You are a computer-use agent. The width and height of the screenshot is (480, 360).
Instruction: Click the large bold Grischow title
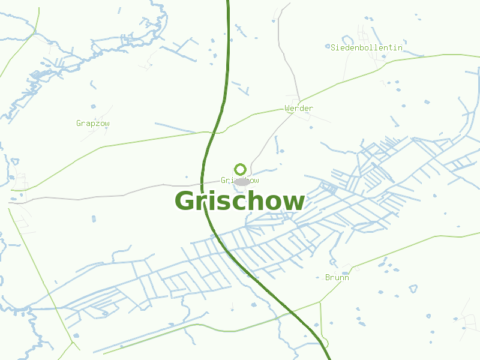tap(239, 201)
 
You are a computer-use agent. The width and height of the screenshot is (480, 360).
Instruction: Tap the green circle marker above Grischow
tap(241, 169)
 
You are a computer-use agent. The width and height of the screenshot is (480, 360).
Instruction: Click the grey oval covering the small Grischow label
tap(242, 181)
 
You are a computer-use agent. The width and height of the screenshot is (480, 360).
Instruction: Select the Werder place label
tap(299, 109)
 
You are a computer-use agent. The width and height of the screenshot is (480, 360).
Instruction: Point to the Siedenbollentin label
tap(367, 47)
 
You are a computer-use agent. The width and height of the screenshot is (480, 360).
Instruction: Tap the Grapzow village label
tap(93, 124)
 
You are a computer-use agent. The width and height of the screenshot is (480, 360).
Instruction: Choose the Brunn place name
tap(337, 277)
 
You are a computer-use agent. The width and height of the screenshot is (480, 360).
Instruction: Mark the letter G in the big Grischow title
tap(186, 202)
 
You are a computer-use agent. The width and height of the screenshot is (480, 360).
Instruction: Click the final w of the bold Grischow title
tap(294, 202)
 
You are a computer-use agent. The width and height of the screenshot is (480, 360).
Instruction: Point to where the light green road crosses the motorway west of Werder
tap(217, 131)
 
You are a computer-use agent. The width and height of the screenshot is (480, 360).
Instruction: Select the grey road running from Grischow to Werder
tap(267, 138)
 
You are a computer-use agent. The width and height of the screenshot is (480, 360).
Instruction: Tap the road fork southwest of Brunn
tap(320, 301)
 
